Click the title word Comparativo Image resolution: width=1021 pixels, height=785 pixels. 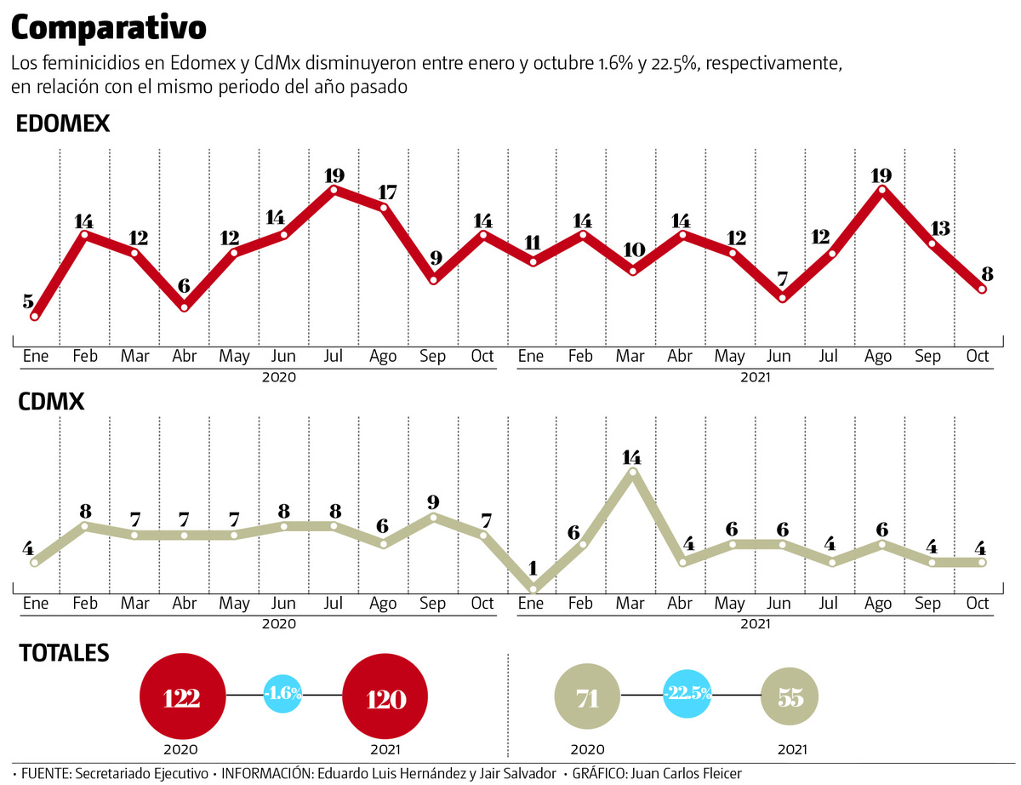point(108,28)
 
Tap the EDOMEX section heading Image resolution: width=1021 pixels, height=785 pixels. point(64,124)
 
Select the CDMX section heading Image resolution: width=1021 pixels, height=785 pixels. point(51,401)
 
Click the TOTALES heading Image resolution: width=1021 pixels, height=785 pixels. point(64,653)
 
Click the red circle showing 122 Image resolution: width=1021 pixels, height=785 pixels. point(182,698)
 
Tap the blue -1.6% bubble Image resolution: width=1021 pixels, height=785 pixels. point(283,693)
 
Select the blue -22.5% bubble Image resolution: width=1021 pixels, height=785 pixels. point(688,693)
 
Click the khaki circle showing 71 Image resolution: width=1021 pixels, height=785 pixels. point(587,698)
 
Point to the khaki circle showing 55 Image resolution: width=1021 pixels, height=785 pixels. point(790,698)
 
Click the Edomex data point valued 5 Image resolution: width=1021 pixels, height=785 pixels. point(35,317)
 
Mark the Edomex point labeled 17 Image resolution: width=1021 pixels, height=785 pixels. point(384,207)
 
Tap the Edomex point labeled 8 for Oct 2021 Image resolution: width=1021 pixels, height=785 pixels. point(983,289)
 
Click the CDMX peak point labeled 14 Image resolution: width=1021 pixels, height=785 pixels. point(631,470)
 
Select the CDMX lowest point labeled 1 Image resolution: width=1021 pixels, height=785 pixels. point(533,589)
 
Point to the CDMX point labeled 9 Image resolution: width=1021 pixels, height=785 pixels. point(434,516)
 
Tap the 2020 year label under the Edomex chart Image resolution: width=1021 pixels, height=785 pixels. point(279,376)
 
